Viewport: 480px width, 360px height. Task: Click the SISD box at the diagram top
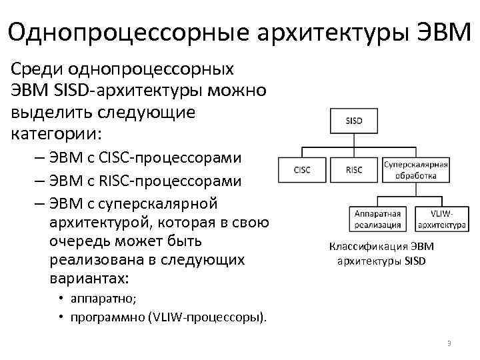click(354, 121)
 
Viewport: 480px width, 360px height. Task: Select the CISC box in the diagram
click(301, 169)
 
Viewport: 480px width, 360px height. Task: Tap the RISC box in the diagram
click(354, 169)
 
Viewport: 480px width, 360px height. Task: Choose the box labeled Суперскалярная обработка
click(415, 169)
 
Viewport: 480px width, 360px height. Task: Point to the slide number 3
click(449, 343)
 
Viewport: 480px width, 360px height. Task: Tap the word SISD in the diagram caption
click(413, 260)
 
